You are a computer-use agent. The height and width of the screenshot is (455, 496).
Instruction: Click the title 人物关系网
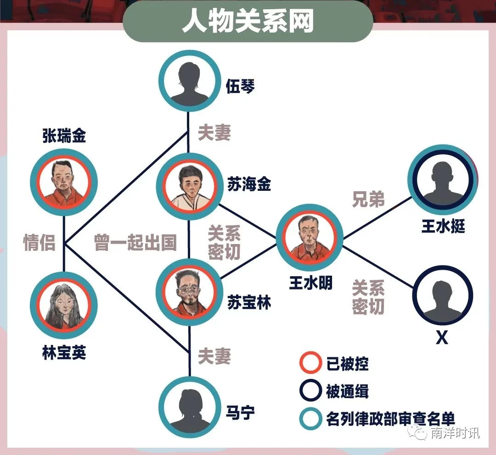[x=248, y=21]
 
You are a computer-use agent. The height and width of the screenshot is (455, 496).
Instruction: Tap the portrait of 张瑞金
[x=64, y=182]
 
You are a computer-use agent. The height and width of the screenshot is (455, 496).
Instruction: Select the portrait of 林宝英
[x=64, y=305]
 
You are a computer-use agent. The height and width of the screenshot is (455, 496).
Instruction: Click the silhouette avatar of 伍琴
[x=189, y=81]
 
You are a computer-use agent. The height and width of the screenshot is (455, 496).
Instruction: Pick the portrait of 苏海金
[x=189, y=186]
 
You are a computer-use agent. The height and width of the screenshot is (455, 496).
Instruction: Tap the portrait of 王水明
[x=310, y=238]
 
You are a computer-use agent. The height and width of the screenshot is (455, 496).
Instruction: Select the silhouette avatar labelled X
[x=442, y=295]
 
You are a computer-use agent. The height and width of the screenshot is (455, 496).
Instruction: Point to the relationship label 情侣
[x=39, y=243]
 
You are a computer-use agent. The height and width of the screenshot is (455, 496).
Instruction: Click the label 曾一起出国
[x=135, y=243]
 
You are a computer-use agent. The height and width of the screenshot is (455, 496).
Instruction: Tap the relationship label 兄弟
[x=368, y=200]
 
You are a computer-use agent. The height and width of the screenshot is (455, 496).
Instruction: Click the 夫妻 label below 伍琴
[x=214, y=133]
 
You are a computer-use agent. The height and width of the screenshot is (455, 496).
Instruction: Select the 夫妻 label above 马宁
[x=214, y=356]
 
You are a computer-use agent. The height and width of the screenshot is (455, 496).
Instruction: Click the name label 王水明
[x=310, y=283]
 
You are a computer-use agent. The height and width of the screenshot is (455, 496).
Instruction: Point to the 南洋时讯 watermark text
[x=455, y=433]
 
